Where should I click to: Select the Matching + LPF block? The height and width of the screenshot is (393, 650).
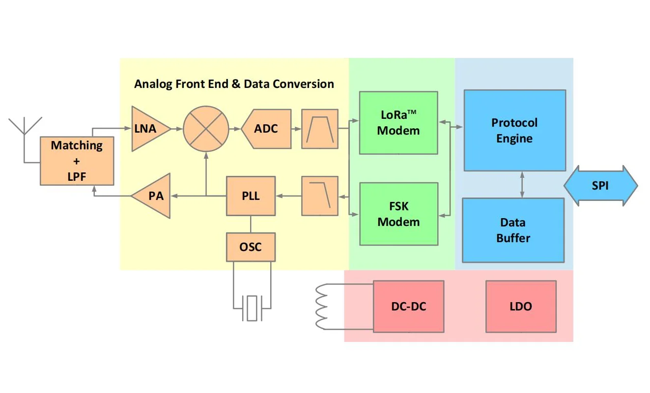pyautogui.click(x=77, y=161)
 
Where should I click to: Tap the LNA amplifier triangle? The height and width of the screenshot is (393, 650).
pyautogui.click(x=147, y=129)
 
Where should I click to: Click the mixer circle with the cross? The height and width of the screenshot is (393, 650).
pyautogui.click(x=206, y=129)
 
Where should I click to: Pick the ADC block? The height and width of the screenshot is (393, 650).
pyautogui.click(x=266, y=129)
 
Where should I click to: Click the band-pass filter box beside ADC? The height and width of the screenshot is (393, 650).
pyautogui.click(x=320, y=129)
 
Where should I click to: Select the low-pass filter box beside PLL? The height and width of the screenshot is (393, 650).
pyautogui.click(x=320, y=196)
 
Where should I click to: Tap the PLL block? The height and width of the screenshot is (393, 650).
pyautogui.click(x=251, y=196)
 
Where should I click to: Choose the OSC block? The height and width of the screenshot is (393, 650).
pyautogui.click(x=251, y=247)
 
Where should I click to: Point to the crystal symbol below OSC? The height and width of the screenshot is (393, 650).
pyautogui.click(x=252, y=309)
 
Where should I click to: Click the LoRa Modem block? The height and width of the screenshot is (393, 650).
pyautogui.click(x=398, y=123)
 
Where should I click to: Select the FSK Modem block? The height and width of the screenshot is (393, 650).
pyautogui.click(x=398, y=214)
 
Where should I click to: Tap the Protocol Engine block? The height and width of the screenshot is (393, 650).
pyautogui.click(x=514, y=130)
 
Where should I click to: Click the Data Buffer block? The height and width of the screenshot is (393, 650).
pyautogui.click(x=513, y=230)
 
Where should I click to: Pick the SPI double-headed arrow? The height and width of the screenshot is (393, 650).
pyautogui.click(x=600, y=186)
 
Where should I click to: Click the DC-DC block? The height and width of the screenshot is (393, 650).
pyautogui.click(x=408, y=306)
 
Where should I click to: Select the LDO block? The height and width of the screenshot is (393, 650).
pyautogui.click(x=521, y=306)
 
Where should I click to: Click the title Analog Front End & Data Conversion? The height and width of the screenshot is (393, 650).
pyautogui.click(x=234, y=84)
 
